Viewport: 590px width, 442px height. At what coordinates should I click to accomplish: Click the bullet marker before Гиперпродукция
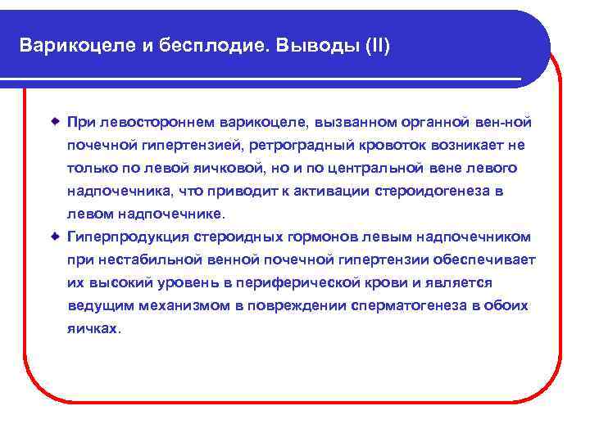point(55,237)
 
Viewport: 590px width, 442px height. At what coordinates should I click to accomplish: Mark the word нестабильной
point(146,260)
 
